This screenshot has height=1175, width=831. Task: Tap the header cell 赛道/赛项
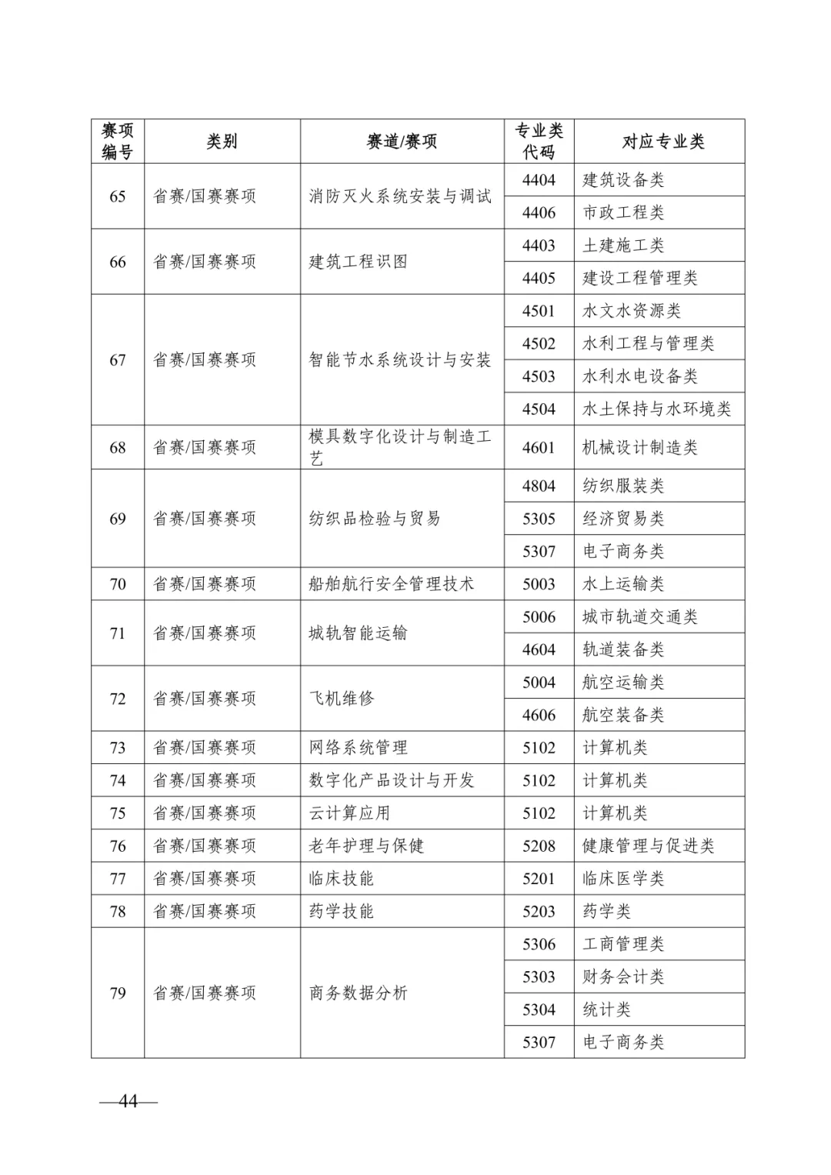(402, 142)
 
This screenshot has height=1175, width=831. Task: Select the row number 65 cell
(118, 196)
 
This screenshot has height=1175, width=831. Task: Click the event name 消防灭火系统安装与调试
(400, 196)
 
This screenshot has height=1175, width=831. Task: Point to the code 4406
(539, 212)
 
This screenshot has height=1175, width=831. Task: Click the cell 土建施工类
(623, 245)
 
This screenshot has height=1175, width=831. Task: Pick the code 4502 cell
(539, 343)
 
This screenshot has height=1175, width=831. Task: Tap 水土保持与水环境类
(656, 409)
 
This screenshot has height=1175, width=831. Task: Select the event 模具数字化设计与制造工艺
(400, 447)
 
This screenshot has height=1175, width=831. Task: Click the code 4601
(539, 447)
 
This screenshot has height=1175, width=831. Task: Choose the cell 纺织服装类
(623, 486)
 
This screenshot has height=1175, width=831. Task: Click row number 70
(118, 584)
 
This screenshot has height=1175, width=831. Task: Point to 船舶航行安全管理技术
(392, 584)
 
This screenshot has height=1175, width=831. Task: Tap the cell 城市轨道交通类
(640, 616)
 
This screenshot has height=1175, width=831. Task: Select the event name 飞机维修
(342, 698)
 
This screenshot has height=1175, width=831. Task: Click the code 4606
(539, 715)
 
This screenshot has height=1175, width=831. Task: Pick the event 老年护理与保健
(366, 846)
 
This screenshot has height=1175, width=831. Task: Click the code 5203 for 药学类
(539, 911)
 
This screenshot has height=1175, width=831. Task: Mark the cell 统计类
(606, 1010)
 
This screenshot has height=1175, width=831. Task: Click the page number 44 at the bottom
(128, 1101)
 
